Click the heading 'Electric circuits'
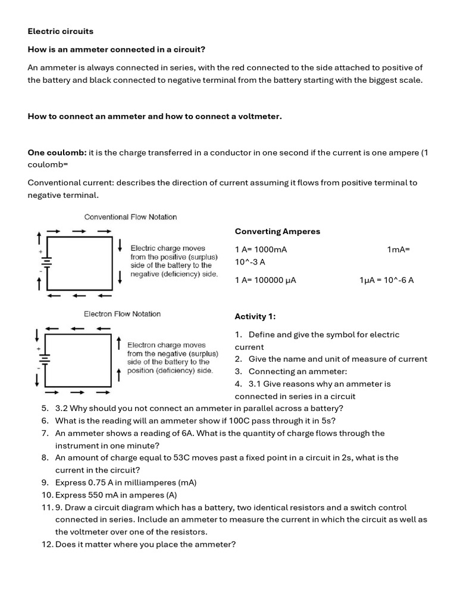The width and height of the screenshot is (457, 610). pos(61,31)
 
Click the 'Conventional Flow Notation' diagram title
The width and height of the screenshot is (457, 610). pos(130,217)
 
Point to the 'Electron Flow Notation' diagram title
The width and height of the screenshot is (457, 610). pos(122,314)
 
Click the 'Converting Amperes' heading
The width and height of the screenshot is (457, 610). pos(277,231)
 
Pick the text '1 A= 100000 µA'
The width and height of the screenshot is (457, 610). pos(265,280)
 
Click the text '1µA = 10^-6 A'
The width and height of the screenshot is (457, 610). pos(386,280)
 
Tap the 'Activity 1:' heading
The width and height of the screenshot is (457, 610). pos(255,316)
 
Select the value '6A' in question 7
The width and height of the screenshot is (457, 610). pos(189,433)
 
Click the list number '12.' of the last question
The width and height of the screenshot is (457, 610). pos(48,544)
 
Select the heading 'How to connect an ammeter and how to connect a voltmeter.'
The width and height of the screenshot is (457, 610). pos(155,116)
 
